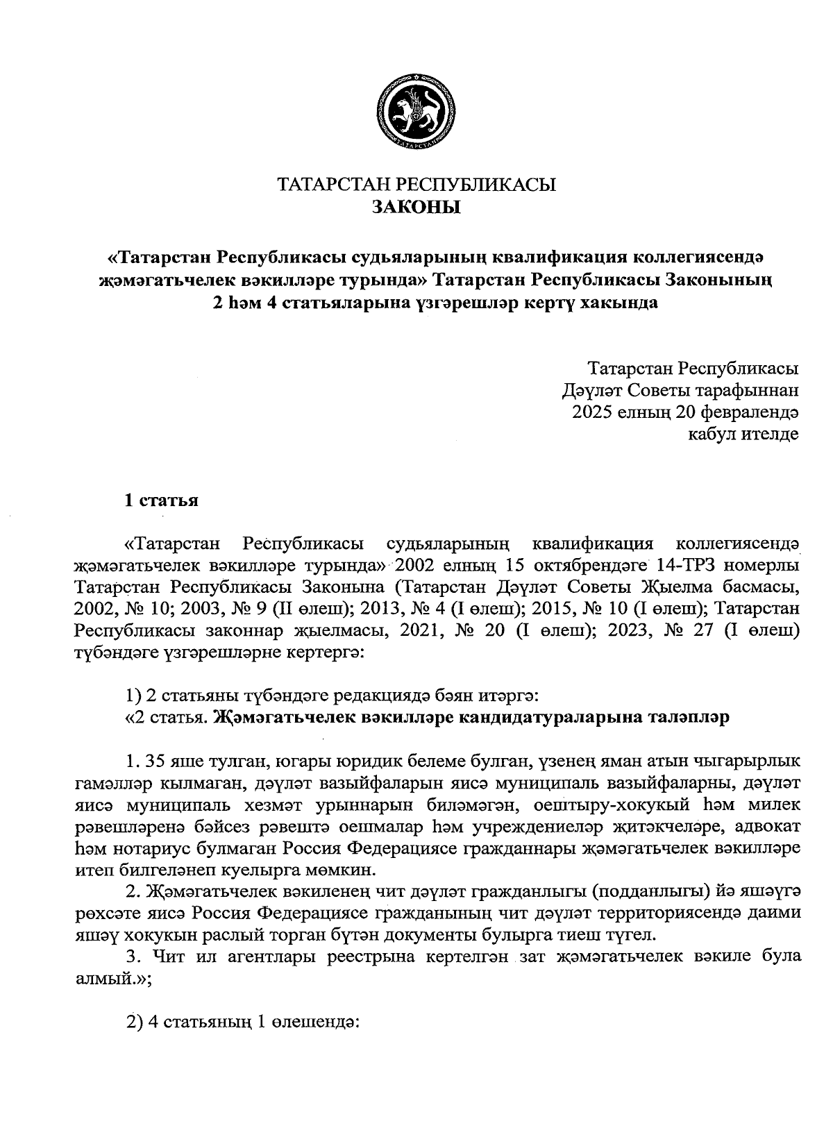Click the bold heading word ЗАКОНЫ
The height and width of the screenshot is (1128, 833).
(416, 207)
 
